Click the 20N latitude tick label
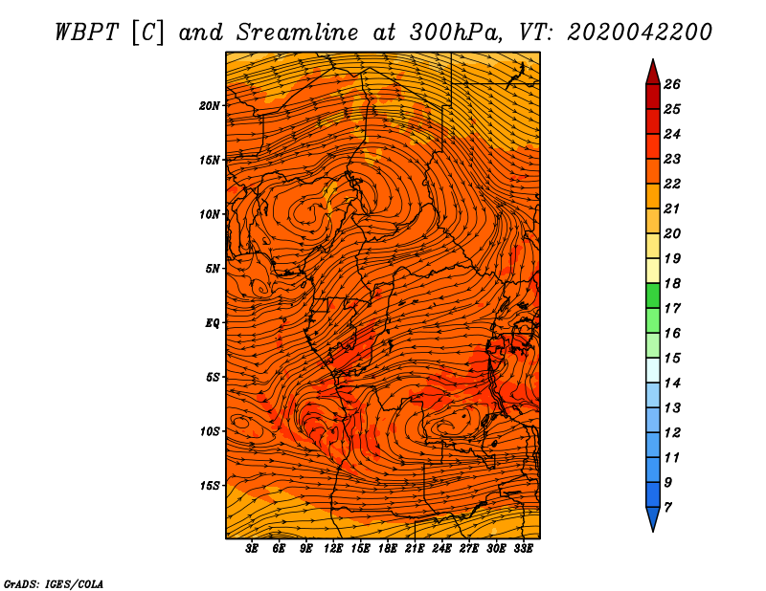click(x=210, y=105)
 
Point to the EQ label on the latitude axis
click(x=212, y=322)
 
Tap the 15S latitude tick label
click(x=210, y=486)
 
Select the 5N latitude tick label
click(x=212, y=269)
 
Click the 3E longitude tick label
click(x=253, y=549)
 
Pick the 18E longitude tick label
click(x=388, y=549)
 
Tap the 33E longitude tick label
click(x=524, y=549)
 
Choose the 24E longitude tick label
click(x=442, y=549)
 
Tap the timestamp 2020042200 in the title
click(x=640, y=31)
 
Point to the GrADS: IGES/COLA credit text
click(x=53, y=582)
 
